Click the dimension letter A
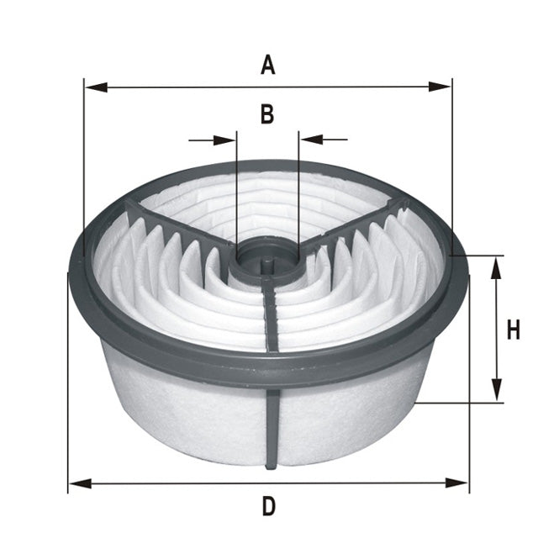[x=267, y=65]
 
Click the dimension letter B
[x=266, y=115]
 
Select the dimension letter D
[x=268, y=506]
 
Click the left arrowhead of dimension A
[x=93, y=87]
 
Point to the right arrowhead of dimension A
[x=442, y=87]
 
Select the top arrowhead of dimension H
[x=497, y=267]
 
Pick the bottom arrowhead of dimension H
[x=497, y=390]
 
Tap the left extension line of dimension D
[x=68, y=378]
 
